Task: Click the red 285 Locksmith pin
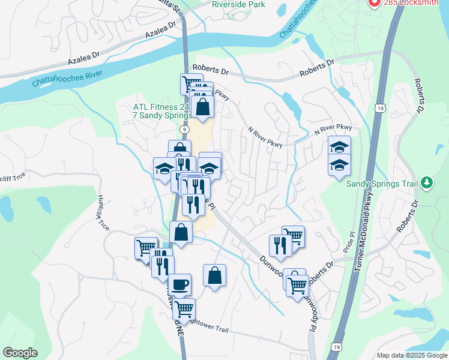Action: (x=373, y=3)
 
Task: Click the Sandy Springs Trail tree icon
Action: (x=427, y=182)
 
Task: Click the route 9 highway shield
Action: (x=184, y=129)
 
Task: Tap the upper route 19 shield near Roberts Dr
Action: (x=380, y=107)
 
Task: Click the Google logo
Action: (x=20, y=353)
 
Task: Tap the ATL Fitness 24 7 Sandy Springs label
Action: (x=161, y=112)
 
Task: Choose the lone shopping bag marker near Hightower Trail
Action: (x=214, y=275)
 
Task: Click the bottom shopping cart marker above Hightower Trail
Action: (x=184, y=309)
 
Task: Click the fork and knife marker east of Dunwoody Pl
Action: (x=280, y=245)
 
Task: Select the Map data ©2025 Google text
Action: (x=411, y=355)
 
